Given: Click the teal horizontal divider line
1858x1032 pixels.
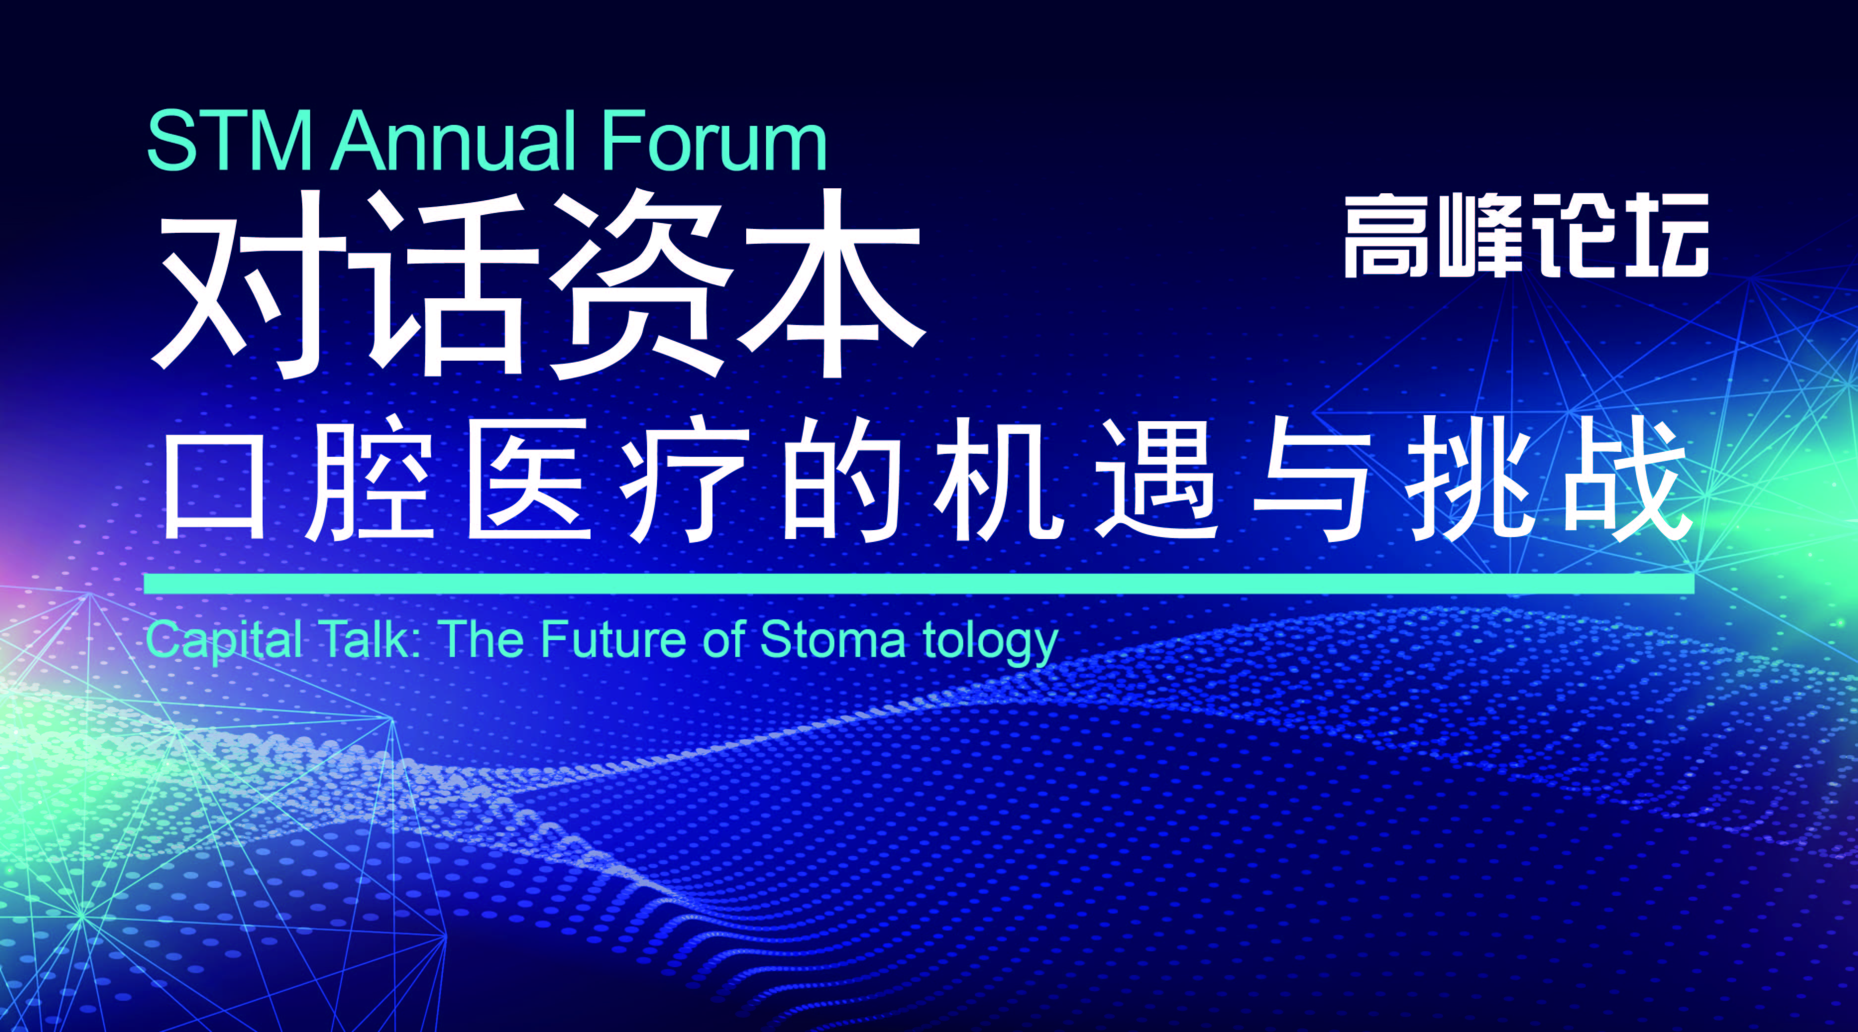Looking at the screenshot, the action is tap(919, 584).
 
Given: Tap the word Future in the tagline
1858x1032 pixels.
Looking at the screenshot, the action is tap(612, 639).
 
